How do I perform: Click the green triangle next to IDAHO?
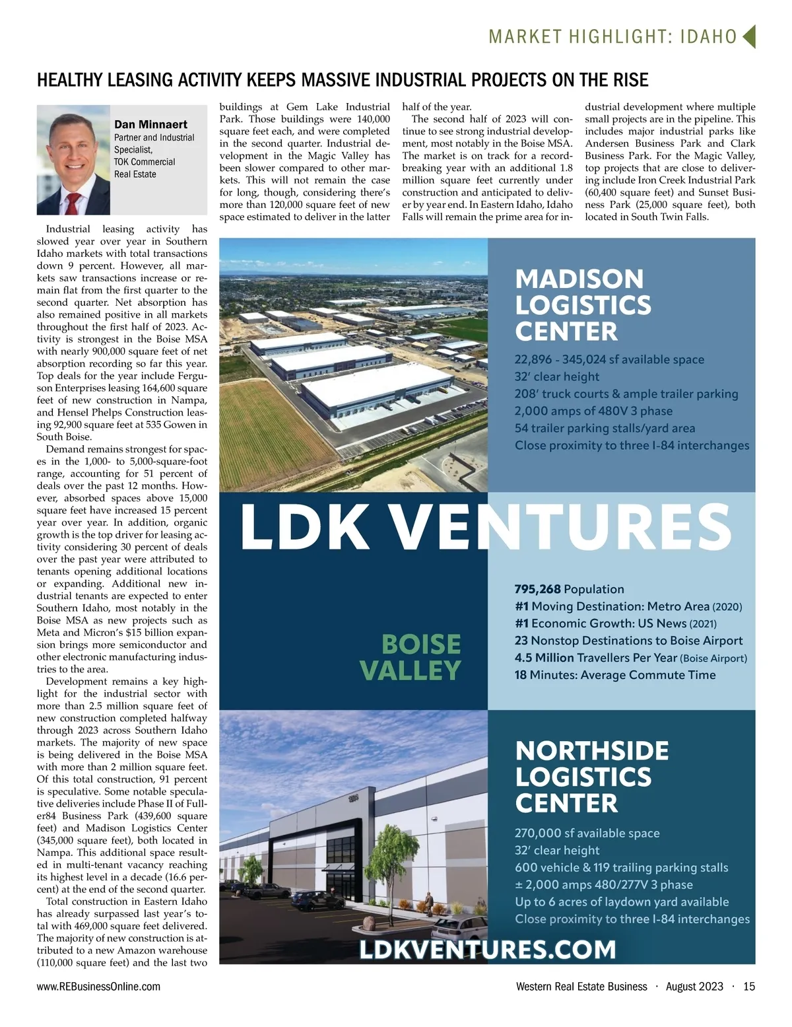(x=748, y=37)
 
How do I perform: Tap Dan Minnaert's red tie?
(x=73, y=202)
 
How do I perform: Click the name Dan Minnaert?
(x=150, y=124)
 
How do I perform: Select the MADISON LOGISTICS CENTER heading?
(x=583, y=305)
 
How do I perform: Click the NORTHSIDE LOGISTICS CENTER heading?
(x=592, y=777)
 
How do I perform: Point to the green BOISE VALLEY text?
(x=411, y=658)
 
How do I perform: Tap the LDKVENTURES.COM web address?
(x=488, y=950)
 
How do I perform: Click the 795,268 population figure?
(x=538, y=589)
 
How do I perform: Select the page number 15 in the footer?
(x=749, y=987)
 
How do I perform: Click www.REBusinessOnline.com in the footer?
(x=98, y=987)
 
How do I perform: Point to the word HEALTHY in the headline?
(x=69, y=81)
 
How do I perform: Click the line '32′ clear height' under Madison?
(x=557, y=377)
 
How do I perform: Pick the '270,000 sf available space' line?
(x=587, y=833)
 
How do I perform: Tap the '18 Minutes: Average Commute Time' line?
(x=615, y=675)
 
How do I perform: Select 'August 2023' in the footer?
(x=694, y=987)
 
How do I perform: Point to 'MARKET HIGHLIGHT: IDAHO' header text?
(x=612, y=37)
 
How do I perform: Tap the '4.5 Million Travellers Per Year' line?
(x=630, y=658)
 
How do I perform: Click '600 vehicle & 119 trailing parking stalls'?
(x=621, y=868)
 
